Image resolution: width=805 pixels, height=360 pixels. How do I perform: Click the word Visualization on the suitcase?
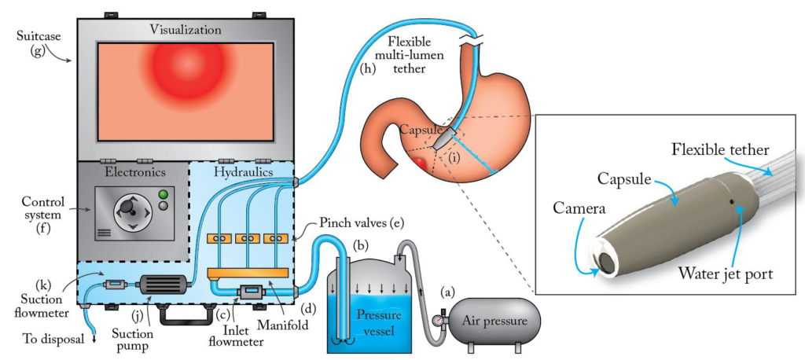coord(186,30)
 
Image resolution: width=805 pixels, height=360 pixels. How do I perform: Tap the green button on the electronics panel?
coord(164,194)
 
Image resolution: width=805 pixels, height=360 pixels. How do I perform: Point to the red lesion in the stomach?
coord(420,164)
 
